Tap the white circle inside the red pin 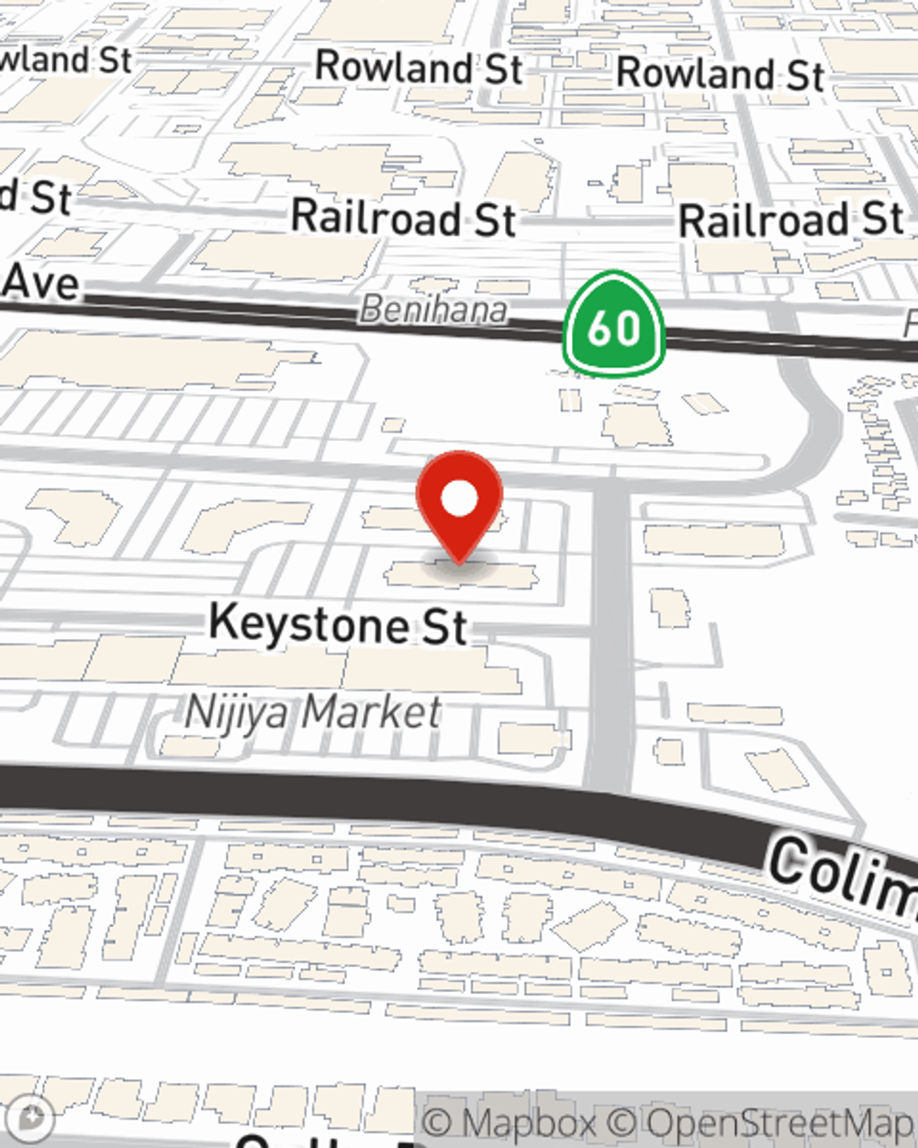pos(459,500)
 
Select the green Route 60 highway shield pos(614,325)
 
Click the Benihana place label pos(433,310)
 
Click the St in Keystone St pos(445,626)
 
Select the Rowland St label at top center pos(419,68)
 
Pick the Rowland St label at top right pos(720,73)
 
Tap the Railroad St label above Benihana pos(403,219)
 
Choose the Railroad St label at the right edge pos(790,220)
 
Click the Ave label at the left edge pos(40,282)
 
